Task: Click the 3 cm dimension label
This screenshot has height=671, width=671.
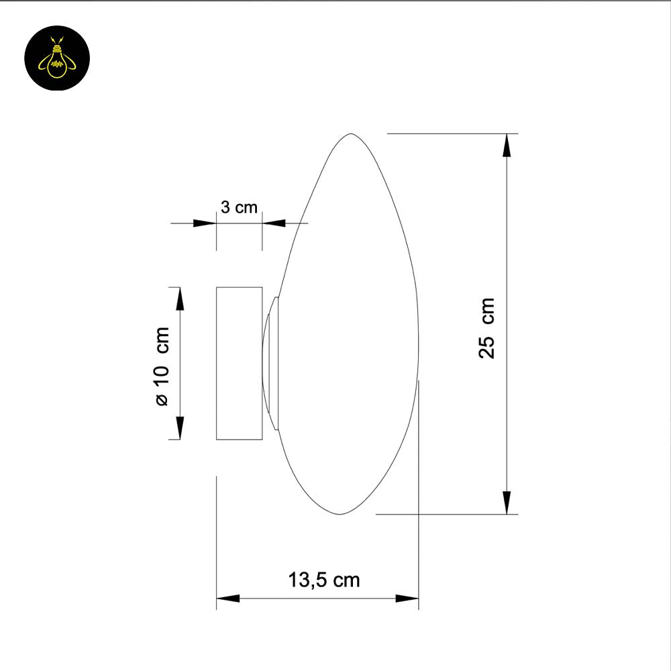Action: pos(239,207)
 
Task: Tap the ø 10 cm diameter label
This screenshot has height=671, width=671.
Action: pos(161,366)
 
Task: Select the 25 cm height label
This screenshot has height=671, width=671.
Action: pos(487,328)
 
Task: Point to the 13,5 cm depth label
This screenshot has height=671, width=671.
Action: pos(324,580)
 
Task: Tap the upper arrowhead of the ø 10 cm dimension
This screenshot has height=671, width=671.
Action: pos(180,298)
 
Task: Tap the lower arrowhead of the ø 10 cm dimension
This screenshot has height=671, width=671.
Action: pos(180,428)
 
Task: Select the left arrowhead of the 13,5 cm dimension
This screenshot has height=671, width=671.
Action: pos(228,598)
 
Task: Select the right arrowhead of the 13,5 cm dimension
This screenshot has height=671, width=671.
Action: pos(407,598)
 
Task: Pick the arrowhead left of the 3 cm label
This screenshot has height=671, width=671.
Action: pos(204,222)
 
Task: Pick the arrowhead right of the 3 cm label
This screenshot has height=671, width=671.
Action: pos(274,222)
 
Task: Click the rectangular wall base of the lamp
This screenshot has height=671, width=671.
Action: pos(239,363)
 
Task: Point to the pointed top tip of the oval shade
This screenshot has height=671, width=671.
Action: pos(349,135)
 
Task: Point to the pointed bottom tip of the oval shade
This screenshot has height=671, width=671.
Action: pos(340,514)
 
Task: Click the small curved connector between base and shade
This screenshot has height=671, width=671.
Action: pos(270,363)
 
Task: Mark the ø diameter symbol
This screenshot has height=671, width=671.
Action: pos(161,401)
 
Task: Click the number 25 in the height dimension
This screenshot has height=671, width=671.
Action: pos(487,346)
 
